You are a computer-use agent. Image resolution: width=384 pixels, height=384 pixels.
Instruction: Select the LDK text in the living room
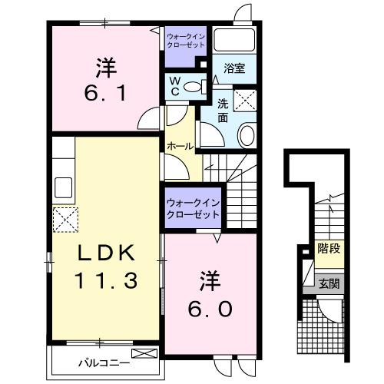(x=105, y=253)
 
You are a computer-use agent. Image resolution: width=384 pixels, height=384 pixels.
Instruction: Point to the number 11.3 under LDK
(x=105, y=281)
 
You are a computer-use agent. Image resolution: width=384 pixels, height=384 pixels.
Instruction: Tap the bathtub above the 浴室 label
(x=236, y=39)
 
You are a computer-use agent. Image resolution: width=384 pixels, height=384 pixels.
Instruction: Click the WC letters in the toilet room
(x=174, y=86)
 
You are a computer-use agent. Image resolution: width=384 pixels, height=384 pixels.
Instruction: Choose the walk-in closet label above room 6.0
(x=192, y=208)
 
